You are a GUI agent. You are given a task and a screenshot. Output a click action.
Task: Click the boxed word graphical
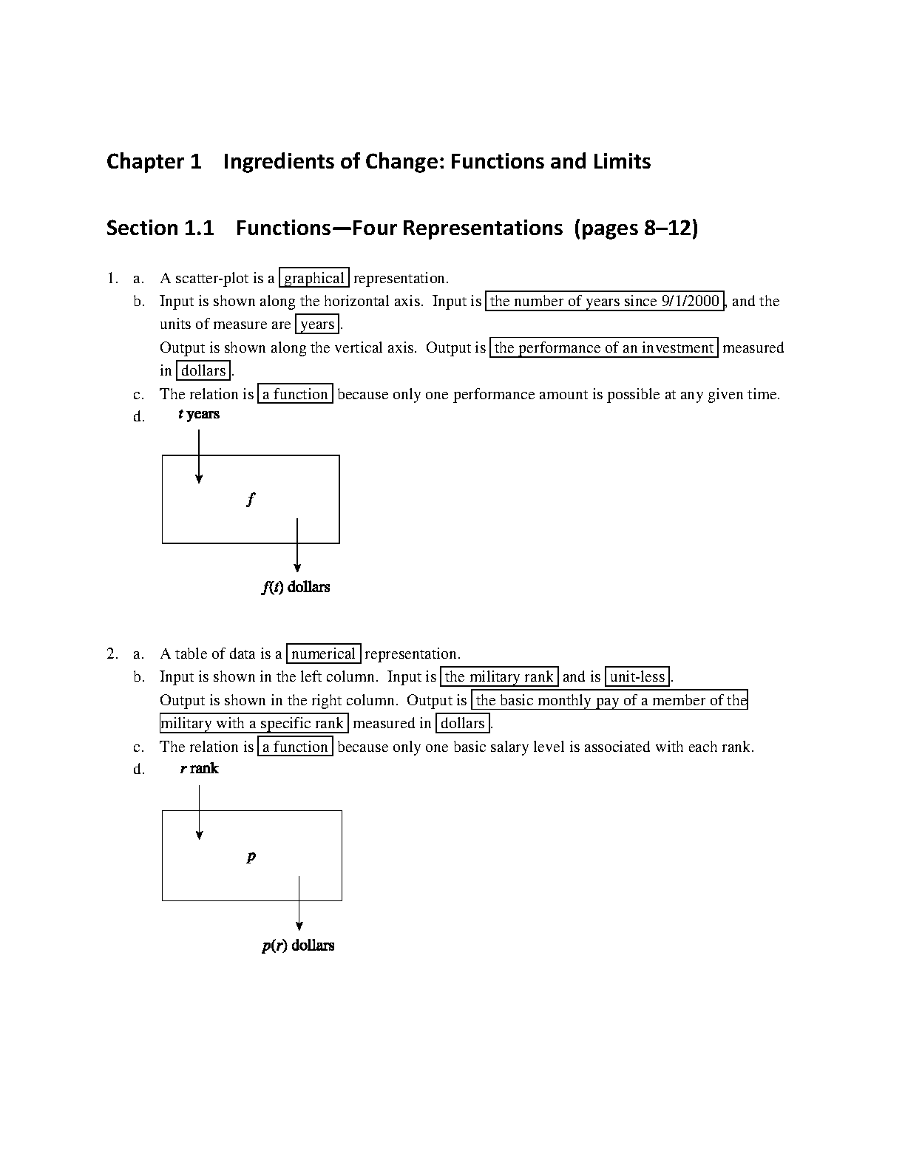[x=314, y=278]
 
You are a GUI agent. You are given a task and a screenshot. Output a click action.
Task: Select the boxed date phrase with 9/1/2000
[x=604, y=301]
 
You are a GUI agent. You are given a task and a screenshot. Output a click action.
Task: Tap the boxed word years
[x=317, y=324]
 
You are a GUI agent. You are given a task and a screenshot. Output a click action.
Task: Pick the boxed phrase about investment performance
[x=604, y=347]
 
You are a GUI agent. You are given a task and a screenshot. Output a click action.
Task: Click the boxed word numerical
[x=323, y=654]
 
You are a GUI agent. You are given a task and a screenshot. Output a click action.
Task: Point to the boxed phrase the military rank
[x=499, y=676]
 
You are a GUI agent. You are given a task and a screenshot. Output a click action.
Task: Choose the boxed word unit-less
[x=637, y=676]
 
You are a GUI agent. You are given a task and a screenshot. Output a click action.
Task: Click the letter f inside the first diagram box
[x=251, y=499]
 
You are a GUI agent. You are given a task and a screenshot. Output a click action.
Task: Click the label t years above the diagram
[x=199, y=414]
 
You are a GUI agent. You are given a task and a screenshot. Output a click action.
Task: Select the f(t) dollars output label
[x=296, y=587]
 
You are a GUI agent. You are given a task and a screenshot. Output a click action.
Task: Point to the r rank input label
[x=199, y=769]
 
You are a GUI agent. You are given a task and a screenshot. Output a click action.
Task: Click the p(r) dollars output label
[x=298, y=946]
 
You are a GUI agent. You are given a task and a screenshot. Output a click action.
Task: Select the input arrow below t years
[x=199, y=457]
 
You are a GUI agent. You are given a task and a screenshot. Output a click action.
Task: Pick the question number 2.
[x=112, y=654]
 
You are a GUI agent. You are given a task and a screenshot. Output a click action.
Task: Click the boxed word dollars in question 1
[x=203, y=370]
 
